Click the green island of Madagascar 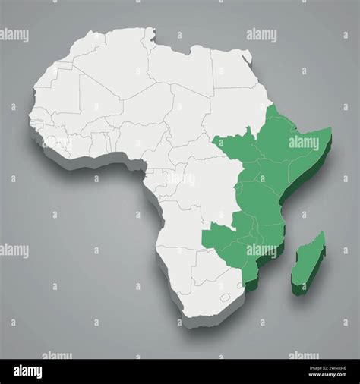(x=310, y=262)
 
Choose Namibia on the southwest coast (x=172, y=262)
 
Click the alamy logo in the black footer (x=31, y=370)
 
